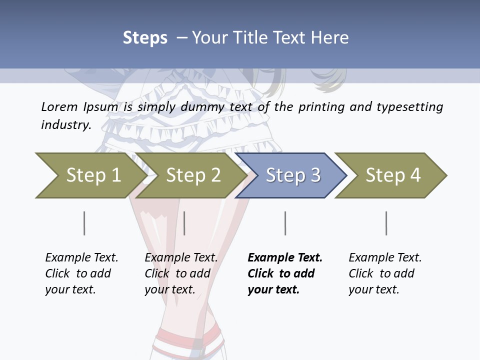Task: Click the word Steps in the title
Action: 145,38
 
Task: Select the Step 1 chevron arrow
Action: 90,175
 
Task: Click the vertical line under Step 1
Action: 84,223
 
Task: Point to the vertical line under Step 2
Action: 184,223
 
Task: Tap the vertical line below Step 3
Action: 285,223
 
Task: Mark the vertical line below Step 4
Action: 386,223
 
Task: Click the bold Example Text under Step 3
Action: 284,273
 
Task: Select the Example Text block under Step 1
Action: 81,273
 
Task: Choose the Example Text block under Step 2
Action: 180,273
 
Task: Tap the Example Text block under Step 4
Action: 384,273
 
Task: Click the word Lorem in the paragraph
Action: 59,107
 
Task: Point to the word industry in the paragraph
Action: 65,125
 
